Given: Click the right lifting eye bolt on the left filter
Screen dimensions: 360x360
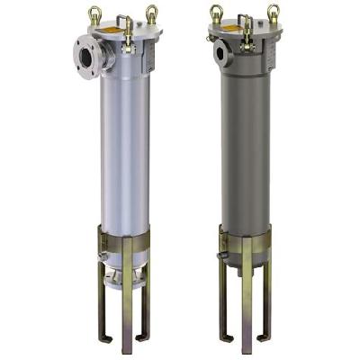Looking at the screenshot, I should (x=152, y=13).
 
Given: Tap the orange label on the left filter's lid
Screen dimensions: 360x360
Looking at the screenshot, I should (x=114, y=31).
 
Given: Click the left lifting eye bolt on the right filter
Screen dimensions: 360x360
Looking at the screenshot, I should (x=216, y=12).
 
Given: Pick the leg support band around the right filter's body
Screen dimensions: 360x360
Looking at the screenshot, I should (x=243, y=238).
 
